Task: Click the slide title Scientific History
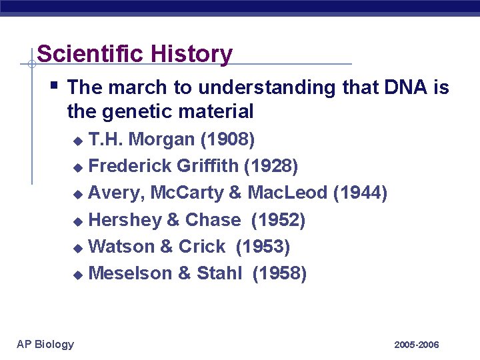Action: [135, 53]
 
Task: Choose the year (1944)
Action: [360, 193]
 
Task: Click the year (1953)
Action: [263, 247]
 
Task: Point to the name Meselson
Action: [130, 273]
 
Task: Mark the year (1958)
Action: [279, 273]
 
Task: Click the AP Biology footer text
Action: [45, 344]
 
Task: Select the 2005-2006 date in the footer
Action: [417, 345]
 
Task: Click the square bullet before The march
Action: [55, 85]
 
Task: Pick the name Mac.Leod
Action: [287, 193]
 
